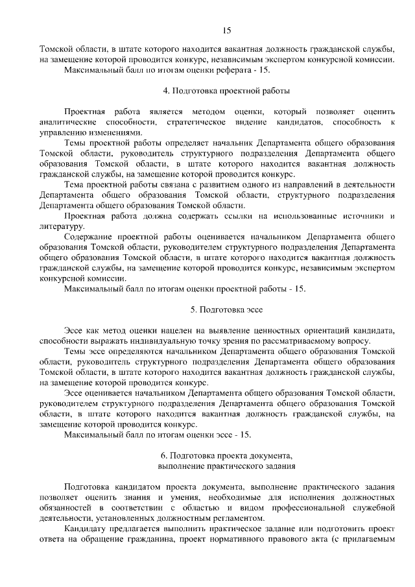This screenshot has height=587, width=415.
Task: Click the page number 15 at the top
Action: [226, 30]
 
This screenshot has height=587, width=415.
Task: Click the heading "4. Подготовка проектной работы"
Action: [226, 91]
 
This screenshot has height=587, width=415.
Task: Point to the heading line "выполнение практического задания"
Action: [226, 465]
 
